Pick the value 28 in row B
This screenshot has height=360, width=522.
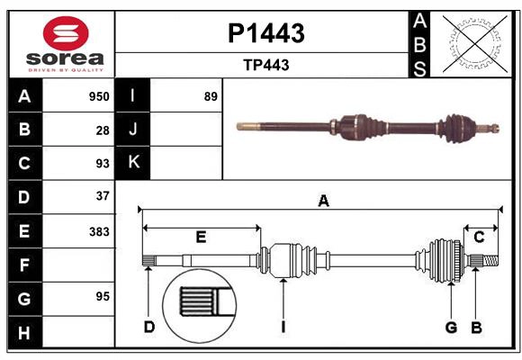(x=102, y=130)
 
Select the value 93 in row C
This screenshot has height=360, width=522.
(x=102, y=163)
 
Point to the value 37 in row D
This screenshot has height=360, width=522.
(x=102, y=196)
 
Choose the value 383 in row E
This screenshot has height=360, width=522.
(x=99, y=230)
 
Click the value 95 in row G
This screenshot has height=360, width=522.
(x=102, y=297)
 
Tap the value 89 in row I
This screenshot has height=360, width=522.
(x=211, y=96)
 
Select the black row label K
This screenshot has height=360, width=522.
(x=133, y=163)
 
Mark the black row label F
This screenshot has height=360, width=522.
(x=24, y=265)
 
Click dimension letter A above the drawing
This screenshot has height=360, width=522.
(x=322, y=202)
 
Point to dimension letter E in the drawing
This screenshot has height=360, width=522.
(x=201, y=238)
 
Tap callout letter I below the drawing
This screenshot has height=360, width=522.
(x=283, y=328)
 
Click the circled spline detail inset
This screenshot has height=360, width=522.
(x=200, y=301)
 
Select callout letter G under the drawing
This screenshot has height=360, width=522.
(x=451, y=328)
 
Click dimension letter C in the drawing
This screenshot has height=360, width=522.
(x=479, y=238)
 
